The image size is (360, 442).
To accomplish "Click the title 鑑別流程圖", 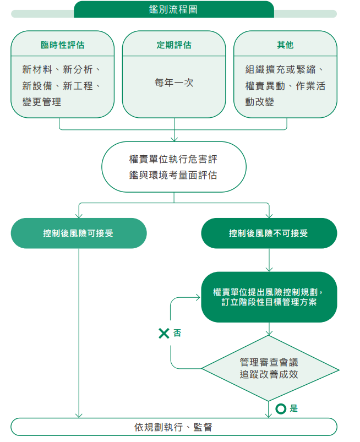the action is [x=173, y=9].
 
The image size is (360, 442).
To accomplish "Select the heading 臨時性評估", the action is [x=63, y=45].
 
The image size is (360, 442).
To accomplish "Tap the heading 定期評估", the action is [x=174, y=45].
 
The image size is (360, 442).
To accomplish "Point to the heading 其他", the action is [x=285, y=45].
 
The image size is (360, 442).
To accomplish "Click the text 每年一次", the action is [x=174, y=83].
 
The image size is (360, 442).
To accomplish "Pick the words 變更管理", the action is [x=42, y=102].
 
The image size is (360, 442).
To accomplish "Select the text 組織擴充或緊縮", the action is [x=281, y=69].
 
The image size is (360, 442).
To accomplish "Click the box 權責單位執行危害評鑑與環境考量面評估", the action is [x=174, y=167].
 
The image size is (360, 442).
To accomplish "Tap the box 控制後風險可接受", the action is [x=79, y=233].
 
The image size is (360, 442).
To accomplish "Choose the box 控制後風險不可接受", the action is [x=269, y=233].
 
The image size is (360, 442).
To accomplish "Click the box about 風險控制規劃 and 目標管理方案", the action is [x=269, y=297].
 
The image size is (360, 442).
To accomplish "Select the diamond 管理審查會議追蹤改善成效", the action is [x=270, y=368].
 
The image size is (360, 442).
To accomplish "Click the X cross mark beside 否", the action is [x=164, y=333].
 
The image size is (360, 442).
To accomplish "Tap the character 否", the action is [x=177, y=333].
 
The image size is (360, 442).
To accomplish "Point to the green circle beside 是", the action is [x=281, y=409].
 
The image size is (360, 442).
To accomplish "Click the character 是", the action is [x=294, y=408].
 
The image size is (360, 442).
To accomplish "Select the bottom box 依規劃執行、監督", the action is [x=174, y=427].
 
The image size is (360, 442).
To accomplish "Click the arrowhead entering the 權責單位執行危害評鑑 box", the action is [x=174, y=139].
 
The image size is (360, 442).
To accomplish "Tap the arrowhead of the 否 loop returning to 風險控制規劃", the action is [x=198, y=297].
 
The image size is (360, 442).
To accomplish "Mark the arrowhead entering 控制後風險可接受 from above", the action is [x=79, y=216].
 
